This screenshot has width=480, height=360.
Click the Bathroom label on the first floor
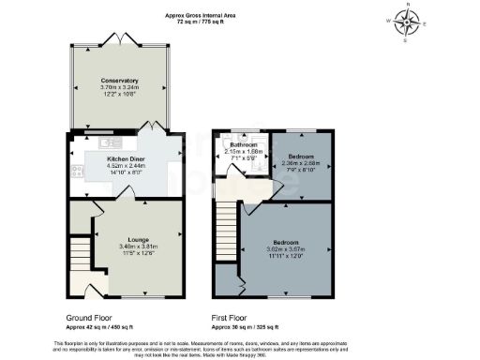pos(244,145)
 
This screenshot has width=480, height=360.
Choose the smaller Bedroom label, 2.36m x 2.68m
pos(301,157)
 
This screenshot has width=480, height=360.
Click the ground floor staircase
pos(80,250)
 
